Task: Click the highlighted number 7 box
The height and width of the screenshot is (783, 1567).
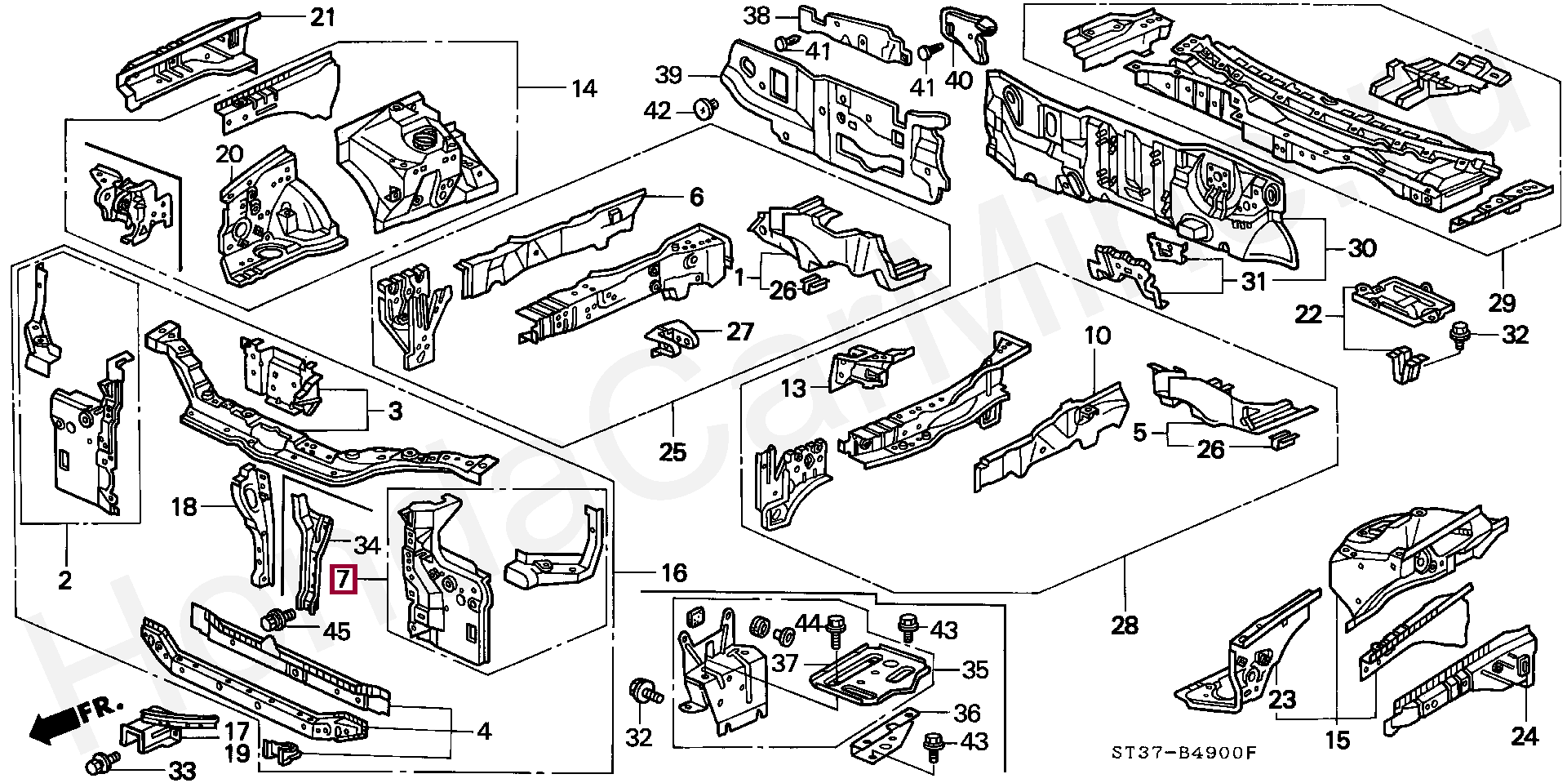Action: point(342,580)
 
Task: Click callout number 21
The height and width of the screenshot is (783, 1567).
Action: point(323,16)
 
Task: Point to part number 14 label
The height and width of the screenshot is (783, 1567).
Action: point(584,87)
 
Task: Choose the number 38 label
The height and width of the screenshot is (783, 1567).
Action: point(757,16)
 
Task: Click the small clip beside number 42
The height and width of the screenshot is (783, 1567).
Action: point(706,107)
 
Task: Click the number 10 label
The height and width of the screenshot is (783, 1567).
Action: point(1098,336)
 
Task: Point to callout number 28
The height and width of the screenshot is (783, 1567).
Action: point(1124,625)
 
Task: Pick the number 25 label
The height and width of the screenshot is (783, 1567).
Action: point(673,452)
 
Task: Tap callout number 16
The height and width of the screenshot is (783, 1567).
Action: point(674,572)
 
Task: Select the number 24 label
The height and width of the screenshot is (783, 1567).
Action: point(1524,737)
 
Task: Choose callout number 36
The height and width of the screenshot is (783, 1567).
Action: point(967,714)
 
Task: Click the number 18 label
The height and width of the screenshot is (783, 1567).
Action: point(184,507)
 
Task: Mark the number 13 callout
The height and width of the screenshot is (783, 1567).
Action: point(793,388)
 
